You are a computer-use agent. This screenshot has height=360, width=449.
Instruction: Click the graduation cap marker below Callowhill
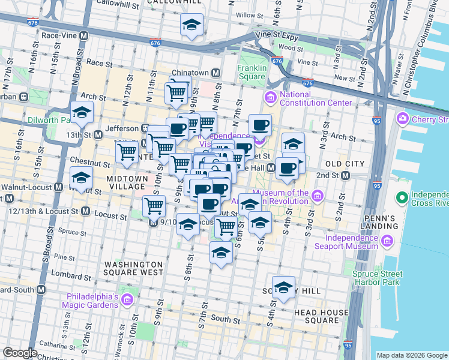click(x=191, y=25)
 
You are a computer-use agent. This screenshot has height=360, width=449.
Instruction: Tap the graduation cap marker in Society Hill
click(x=284, y=288)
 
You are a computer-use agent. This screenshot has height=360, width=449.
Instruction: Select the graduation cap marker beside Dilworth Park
click(x=82, y=113)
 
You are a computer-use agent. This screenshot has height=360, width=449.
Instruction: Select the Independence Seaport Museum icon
click(x=387, y=242)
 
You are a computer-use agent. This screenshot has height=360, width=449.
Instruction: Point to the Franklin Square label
click(x=252, y=72)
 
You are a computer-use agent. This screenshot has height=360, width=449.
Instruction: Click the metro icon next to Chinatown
click(x=215, y=73)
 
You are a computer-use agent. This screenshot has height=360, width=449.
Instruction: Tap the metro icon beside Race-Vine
click(x=84, y=35)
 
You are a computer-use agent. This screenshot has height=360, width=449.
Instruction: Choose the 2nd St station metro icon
click(x=345, y=175)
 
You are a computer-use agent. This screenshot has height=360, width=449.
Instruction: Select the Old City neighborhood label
click(x=345, y=164)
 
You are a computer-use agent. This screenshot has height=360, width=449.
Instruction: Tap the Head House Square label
click(x=321, y=316)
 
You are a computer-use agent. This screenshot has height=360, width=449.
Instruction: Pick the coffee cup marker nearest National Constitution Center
click(x=260, y=125)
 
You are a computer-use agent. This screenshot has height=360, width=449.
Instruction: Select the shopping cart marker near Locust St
click(x=154, y=206)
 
